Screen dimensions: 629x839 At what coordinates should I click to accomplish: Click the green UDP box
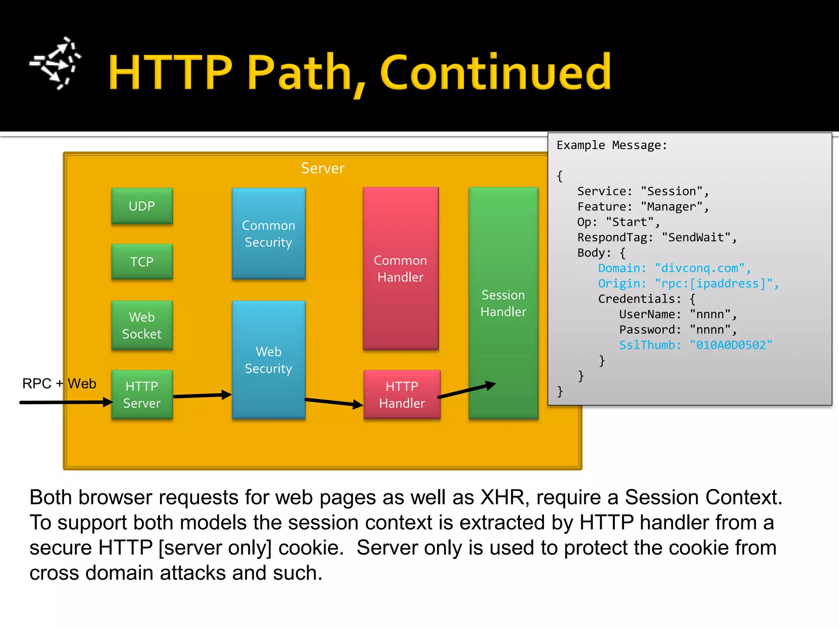point(142,206)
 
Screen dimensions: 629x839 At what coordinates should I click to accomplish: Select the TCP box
point(142,262)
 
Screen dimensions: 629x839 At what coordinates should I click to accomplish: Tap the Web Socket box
point(142,325)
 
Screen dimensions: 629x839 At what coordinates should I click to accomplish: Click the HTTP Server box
point(142,394)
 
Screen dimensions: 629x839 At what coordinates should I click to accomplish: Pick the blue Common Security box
point(268,233)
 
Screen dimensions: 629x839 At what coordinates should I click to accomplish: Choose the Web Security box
point(268,360)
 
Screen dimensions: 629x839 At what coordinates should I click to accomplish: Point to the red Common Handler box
point(400,269)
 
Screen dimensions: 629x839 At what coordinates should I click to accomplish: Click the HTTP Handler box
point(402,394)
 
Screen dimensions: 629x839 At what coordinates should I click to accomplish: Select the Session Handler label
point(503,303)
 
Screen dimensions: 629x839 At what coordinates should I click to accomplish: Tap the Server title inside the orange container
point(323,168)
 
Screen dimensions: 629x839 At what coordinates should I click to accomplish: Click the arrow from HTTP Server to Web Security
point(202,396)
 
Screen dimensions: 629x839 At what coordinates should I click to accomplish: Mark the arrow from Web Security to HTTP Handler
point(333,402)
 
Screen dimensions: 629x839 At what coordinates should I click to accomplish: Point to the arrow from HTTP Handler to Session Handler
point(467,390)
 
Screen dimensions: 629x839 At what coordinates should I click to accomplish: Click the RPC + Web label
point(59,384)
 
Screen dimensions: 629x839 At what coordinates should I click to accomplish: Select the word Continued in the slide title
point(496,72)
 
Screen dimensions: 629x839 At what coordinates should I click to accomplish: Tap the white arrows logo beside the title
point(56,63)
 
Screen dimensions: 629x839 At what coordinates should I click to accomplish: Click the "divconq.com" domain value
point(699,268)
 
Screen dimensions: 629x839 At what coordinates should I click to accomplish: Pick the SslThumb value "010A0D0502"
point(730,345)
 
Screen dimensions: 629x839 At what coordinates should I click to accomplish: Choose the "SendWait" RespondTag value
point(696,238)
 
